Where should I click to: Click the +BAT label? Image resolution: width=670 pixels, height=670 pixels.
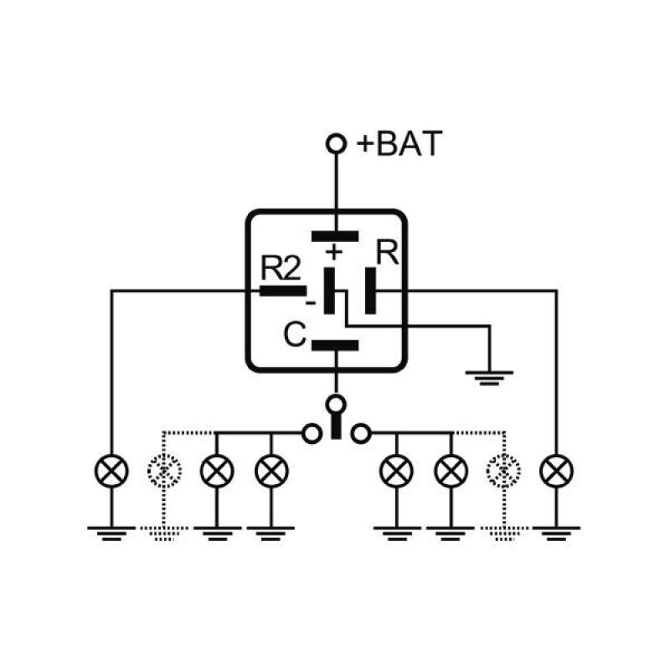pyautogui.click(x=398, y=144)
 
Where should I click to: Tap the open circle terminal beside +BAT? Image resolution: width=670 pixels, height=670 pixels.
pyautogui.click(x=336, y=145)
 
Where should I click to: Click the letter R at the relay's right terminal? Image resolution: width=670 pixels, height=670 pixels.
pyautogui.click(x=387, y=254)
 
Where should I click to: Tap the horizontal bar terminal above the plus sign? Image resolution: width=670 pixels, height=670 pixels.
pyautogui.click(x=335, y=236)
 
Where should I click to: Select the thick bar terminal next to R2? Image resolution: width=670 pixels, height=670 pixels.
pyautogui.click(x=282, y=291)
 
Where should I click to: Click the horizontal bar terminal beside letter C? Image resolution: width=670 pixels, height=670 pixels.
pyautogui.click(x=335, y=345)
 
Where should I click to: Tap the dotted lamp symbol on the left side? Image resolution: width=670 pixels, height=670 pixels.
pyautogui.click(x=163, y=472)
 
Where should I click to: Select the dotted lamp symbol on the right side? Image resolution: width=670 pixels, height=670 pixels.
pyautogui.click(x=504, y=472)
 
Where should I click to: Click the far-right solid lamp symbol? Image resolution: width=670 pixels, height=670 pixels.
pyautogui.click(x=557, y=472)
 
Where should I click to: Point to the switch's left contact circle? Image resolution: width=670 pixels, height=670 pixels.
pyautogui.click(x=311, y=434)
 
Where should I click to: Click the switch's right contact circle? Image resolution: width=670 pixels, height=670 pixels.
pyautogui.click(x=361, y=434)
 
